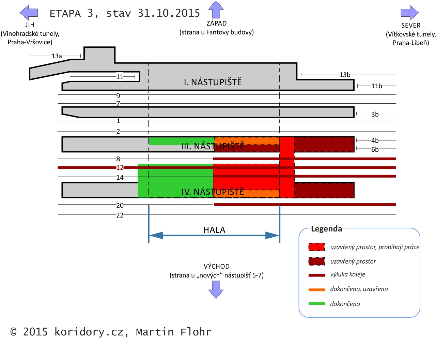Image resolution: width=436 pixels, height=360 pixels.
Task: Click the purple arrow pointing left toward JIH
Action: click(29, 13)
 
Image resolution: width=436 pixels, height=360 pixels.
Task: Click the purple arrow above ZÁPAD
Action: click(216, 10)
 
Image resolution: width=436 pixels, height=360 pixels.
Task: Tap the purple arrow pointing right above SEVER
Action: click(409, 13)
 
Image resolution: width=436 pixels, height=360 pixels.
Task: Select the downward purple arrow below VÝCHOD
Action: click(216, 289)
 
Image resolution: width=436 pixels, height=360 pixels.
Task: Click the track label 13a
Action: click(57, 56)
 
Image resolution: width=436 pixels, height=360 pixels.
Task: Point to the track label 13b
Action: click(345, 75)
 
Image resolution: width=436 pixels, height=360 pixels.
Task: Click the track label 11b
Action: click(376, 86)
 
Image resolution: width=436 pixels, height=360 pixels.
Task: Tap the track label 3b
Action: click(375, 115)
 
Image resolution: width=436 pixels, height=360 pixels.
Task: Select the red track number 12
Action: click(120, 168)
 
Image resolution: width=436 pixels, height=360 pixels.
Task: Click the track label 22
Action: click(120, 215)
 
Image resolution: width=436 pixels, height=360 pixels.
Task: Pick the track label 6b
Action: click(375, 150)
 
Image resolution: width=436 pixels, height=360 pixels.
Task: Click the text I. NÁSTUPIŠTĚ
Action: click(213, 82)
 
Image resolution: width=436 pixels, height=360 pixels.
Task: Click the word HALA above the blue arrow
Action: click(214, 230)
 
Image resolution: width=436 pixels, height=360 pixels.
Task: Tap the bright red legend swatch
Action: click(316, 247)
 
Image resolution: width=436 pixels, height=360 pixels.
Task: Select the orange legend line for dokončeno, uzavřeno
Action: click(317, 290)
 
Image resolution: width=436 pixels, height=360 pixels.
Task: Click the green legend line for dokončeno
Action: click(317, 303)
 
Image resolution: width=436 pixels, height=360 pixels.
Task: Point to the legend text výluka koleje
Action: click(347, 275)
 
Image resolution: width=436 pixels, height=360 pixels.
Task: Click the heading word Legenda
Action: click(326, 229)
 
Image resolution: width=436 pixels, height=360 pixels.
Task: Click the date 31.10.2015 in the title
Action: click(169, 13)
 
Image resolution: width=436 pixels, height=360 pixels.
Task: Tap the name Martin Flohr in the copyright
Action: click(173, 332)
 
